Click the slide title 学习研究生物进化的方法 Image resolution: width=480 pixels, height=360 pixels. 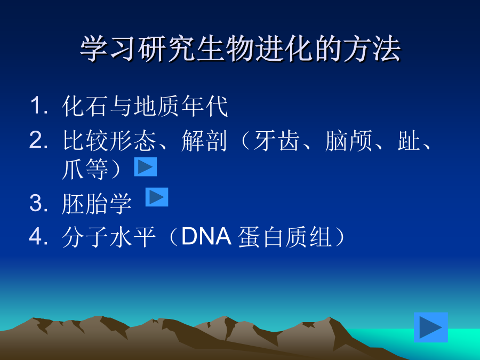click(x=241, y=49)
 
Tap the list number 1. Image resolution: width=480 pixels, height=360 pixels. click(x=39, y=106)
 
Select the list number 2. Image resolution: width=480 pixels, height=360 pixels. click(x=39, y=140)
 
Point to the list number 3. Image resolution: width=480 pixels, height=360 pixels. click(x=39, y=203)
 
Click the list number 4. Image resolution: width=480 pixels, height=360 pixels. click(x=39, y=237)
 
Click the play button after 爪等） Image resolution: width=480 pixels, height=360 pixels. click(x=146, y=167)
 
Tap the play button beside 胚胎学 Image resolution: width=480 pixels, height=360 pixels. click(x=157, y=197)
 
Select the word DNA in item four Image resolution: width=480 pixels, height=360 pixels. click(x=206, y=236)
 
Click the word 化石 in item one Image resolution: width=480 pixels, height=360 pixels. click(x=86, y=106)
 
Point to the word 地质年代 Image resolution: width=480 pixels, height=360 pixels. click(x=181, y=106)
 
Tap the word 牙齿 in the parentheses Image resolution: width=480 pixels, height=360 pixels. click(x=276, y=140)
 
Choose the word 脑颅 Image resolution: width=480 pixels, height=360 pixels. click(x=348, y=140)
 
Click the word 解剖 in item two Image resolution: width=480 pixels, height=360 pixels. click(x=204, y=140)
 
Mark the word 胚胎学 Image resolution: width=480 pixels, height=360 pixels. click(x=97, y=203)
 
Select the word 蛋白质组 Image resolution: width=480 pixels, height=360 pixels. click(x=285, y=237)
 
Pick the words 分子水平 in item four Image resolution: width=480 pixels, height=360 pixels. click(x=109, y=237)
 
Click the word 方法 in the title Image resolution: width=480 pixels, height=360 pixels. click(x=372, y=49)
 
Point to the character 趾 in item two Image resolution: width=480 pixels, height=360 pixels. click(x=409, y=140)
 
